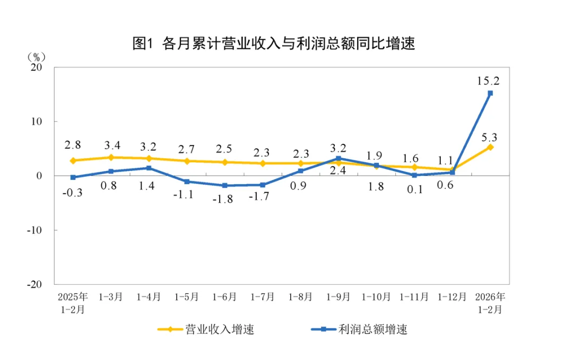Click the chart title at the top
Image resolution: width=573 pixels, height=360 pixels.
coord(273,44)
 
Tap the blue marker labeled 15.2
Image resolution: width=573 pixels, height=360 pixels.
coord(490,93)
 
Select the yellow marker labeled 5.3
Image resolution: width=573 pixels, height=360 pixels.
coord(490,147)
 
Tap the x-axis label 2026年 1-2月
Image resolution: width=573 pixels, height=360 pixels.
coord(490,302)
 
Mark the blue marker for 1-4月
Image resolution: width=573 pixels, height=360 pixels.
coord(149,168)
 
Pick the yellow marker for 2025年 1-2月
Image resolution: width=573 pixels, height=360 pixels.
coord(73,160)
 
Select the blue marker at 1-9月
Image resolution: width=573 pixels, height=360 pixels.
coord(338,158)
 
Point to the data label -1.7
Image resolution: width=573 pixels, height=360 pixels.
coord(262,197)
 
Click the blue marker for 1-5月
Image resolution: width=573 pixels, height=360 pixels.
coord(187,182)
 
